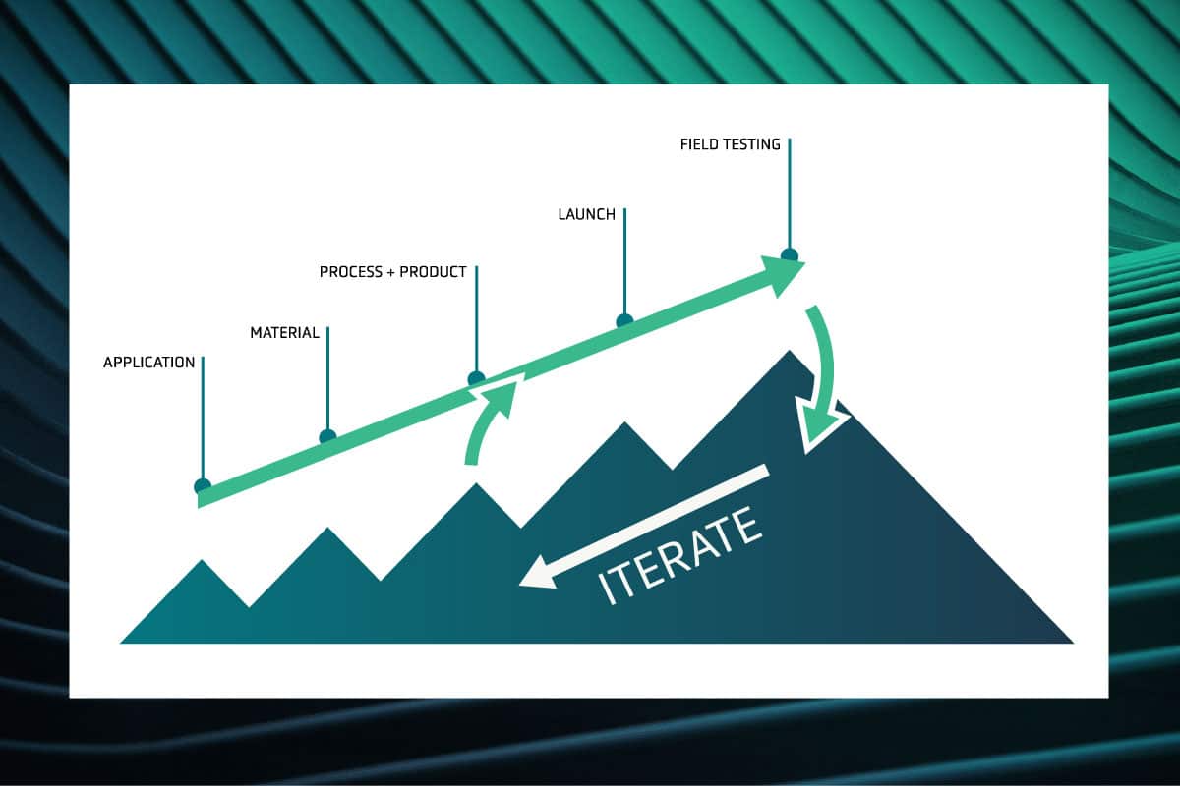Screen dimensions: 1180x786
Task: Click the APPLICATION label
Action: [x=149, y=363]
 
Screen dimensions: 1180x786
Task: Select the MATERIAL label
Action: [x=284, y=333]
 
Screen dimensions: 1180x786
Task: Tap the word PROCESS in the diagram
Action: [x=351, y=272]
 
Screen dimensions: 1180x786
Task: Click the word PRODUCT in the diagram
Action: [x=433, y=272]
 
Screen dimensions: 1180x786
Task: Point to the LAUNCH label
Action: [x=587, y=214]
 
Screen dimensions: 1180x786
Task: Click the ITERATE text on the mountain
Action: [x=680, y=556]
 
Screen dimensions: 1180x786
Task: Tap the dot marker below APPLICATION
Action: [x=203, y=486]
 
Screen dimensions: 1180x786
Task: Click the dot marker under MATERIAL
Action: [x=327, y=436]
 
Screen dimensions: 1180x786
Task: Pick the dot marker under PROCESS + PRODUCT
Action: [x=476, y=378]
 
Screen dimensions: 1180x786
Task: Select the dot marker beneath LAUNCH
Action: [x=624, y=320]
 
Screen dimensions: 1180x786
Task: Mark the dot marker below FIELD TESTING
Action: [x=789, y=255]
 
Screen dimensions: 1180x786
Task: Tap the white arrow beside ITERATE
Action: [x=644, y=526]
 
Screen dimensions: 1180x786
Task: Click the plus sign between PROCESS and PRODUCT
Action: [x=391, y=273]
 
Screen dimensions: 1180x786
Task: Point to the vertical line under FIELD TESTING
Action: [x=790, y=194]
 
